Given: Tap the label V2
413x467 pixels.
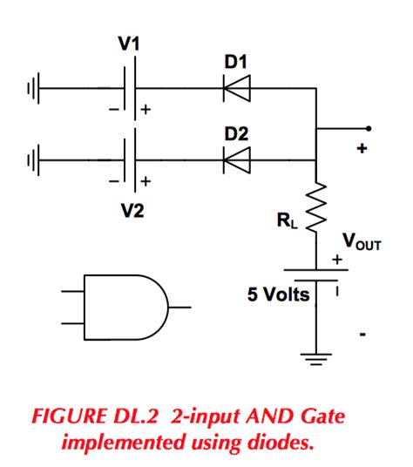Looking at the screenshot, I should coord(132,211).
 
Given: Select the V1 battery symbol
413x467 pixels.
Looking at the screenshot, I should coord(132,88).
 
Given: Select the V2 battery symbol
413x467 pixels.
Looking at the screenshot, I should coord(132,159).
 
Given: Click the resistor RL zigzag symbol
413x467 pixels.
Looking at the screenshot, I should coord(315,207).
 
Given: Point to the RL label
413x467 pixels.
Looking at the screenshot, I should coord(287,221).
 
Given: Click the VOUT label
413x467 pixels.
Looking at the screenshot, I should coord(361,240).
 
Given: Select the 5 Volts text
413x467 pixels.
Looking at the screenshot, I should coord(279,295).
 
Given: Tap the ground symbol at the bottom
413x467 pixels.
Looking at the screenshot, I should coord(315,354).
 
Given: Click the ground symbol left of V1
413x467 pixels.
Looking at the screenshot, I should coord(33,88).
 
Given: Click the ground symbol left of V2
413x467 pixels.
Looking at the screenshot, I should coord(33,159).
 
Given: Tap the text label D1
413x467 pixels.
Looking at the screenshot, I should coord(235,62).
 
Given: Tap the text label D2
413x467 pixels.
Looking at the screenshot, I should coord(235,133).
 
